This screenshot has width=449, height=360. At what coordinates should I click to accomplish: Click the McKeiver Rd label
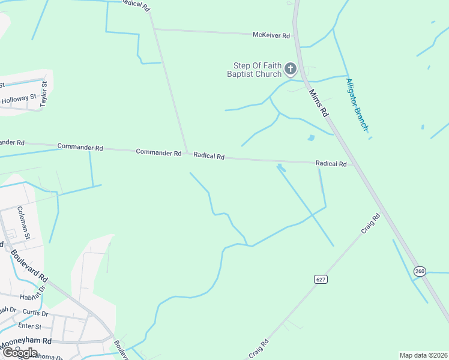click(271, 35)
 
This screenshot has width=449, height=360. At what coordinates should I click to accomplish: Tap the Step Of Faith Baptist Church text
click(254, 70)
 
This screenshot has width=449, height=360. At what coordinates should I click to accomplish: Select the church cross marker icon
click(291, 69)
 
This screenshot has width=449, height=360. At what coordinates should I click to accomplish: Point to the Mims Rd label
click(319, 103)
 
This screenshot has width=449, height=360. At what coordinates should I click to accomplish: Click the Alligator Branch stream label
click(357, 104)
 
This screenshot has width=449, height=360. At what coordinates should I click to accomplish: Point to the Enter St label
click(29, 326)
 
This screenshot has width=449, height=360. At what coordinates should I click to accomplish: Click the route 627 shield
click(320, 279)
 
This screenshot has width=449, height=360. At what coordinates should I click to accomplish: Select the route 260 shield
click(419, 272)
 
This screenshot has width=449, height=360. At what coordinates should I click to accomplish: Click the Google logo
click(19, 353)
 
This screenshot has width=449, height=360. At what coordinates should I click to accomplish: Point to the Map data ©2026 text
click(423, 355)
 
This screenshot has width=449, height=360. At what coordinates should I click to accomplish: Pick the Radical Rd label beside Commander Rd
click(209, 156)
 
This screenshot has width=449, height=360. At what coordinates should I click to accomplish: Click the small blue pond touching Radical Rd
click(281, 167)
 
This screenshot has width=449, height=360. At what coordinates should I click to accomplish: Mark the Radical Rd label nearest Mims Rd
click(331, 164)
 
